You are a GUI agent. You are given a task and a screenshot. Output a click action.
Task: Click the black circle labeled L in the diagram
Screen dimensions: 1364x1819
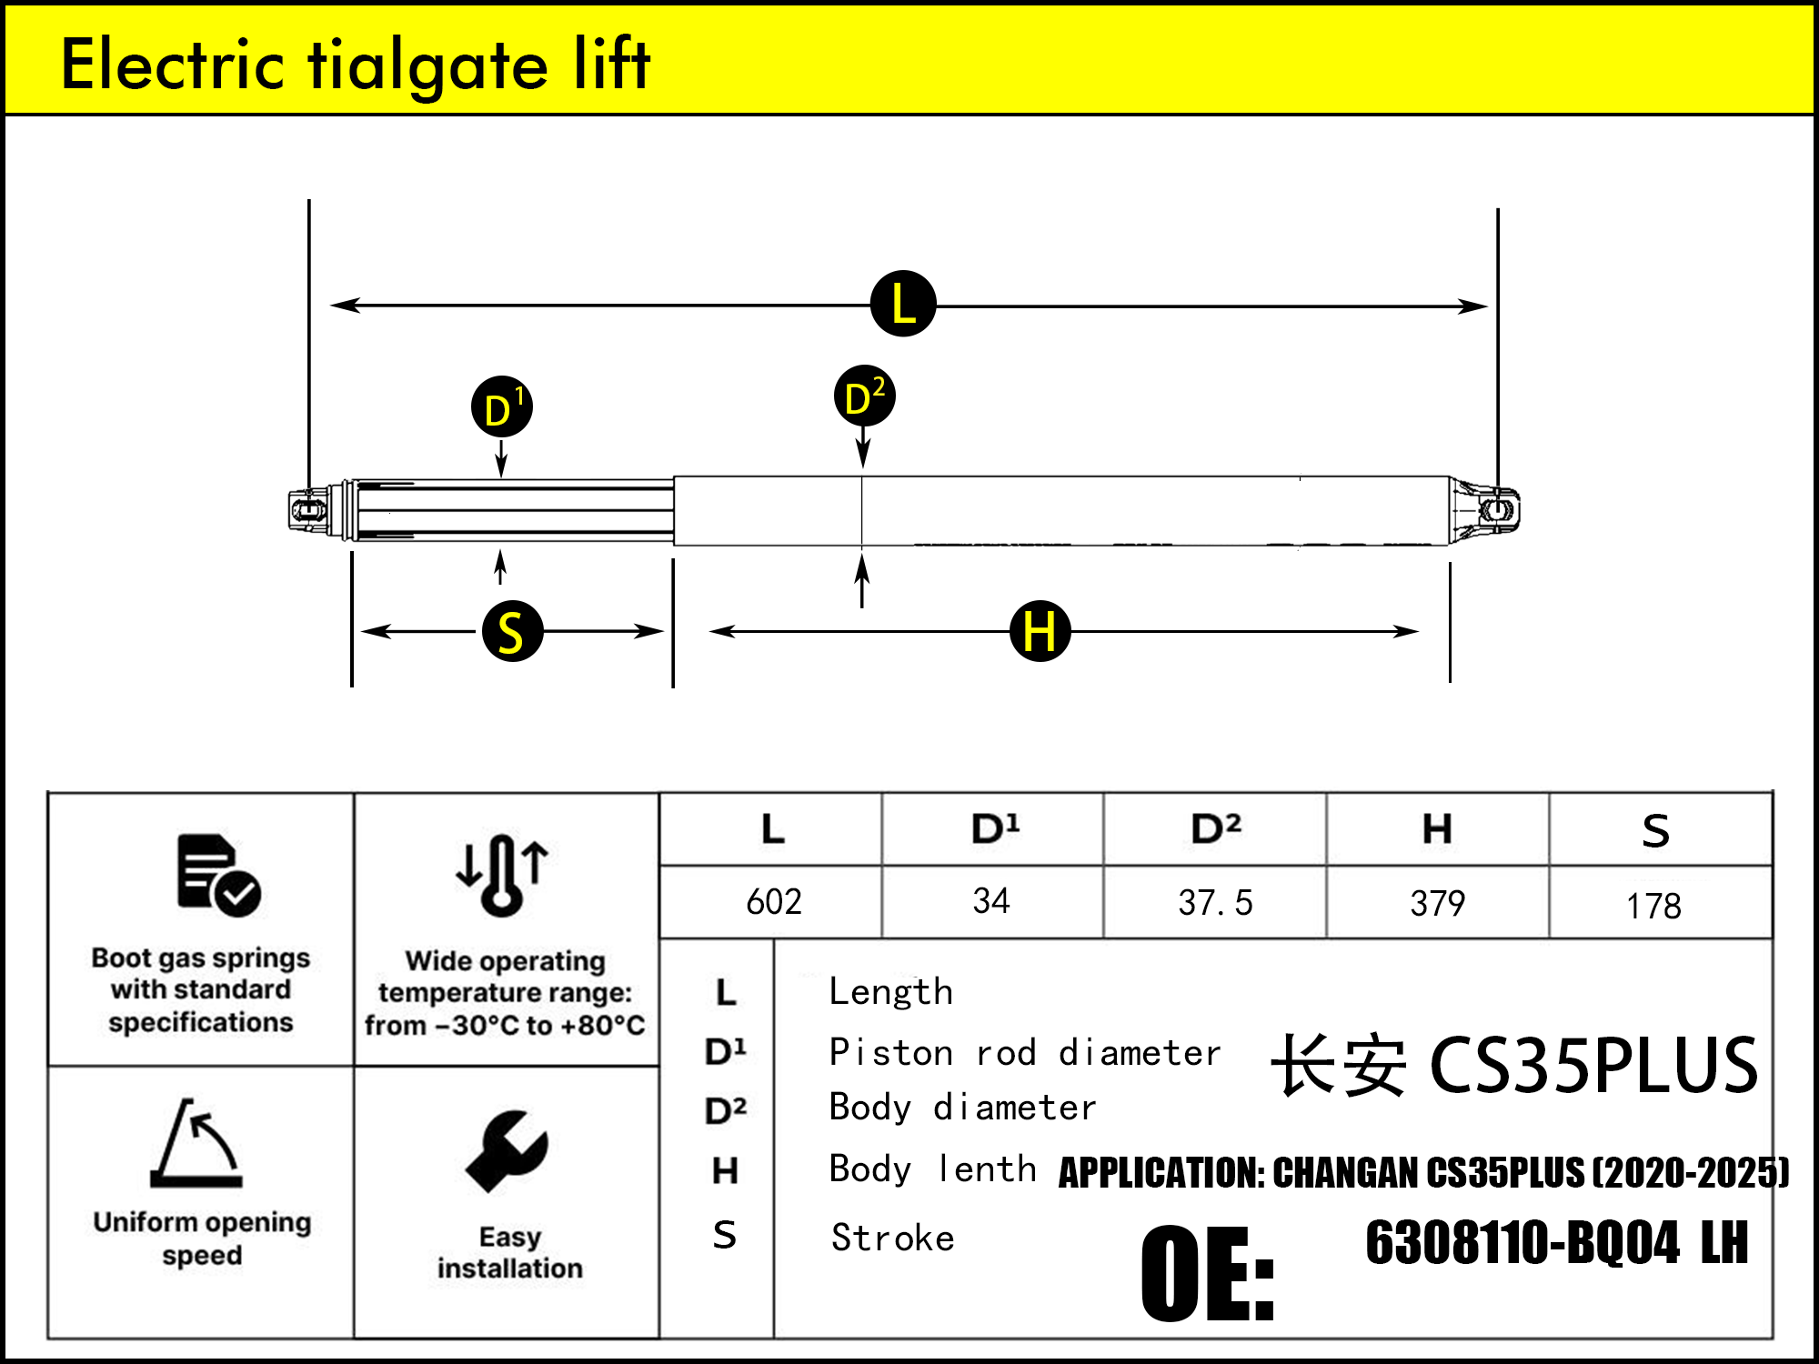pos(902,304)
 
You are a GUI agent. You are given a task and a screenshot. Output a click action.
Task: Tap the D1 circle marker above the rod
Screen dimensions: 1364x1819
pos(501,407)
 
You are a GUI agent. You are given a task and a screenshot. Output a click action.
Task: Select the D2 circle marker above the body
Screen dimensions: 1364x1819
pos(864,396)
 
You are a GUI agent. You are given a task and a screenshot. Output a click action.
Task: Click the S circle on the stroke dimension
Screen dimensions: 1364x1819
pos(512,630)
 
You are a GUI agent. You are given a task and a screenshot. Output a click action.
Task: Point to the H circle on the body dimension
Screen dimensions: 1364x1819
pos(1040,630)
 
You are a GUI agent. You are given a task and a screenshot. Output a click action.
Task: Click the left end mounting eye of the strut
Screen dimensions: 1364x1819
pos(309,509)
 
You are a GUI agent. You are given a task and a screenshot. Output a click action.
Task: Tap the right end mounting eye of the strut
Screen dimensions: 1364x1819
pos(1496,509)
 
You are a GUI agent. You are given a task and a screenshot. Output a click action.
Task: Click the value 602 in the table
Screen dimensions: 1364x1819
pos(773,902)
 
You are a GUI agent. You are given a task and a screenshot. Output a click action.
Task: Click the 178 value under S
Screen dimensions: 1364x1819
pos(1653,906)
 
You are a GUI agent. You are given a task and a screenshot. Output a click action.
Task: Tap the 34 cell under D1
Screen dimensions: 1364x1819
pos(990,901)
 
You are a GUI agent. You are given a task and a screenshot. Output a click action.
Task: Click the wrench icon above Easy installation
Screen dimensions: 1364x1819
pos(507,1150)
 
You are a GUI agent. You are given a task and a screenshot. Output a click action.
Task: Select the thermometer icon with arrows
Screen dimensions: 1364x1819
pos(502,874)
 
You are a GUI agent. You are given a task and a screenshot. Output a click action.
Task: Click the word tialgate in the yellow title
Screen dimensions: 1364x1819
pos(427,65)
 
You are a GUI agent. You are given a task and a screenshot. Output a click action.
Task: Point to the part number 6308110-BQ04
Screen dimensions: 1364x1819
pos(1522,1243)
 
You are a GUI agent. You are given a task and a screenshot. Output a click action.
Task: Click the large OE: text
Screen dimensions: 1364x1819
pos(1208,1273)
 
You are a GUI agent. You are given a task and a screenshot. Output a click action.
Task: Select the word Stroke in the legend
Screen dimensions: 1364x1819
pos(892,1239)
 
